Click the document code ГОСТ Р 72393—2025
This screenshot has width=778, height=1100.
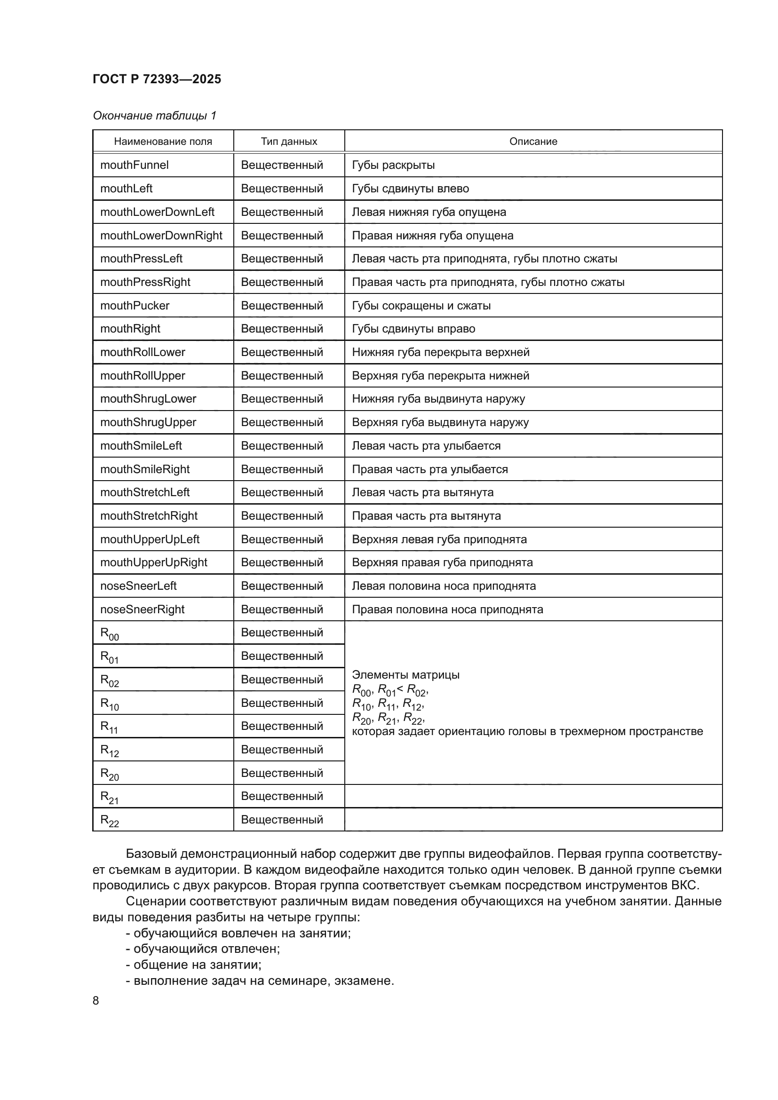click(157, 79)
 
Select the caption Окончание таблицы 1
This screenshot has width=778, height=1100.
click(154, 116)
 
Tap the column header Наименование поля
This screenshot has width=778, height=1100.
click(163, 142)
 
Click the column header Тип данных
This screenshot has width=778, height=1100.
click(289, 142)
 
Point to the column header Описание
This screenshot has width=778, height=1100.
click(533, 142)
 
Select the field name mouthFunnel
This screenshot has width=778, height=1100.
click(135, 165)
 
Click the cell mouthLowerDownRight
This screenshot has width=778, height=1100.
click(161, 235)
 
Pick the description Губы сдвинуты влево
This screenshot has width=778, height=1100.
click(410, 188)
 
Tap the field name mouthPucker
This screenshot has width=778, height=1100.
click(135, 305)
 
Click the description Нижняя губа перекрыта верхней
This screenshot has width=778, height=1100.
click(440, 352)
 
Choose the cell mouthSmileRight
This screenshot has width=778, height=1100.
click(145, 469)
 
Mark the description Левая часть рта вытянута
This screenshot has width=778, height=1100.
click(422, 492)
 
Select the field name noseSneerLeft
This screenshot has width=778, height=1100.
click(138, 586)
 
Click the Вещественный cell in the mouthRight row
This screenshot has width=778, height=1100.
click(282, 329)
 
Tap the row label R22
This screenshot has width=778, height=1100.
click(109, 821)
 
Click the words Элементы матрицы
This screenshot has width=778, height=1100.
click(405, 674)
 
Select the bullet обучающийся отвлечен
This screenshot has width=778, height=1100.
click(206, 948)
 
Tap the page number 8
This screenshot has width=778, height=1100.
click(96, 1000)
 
